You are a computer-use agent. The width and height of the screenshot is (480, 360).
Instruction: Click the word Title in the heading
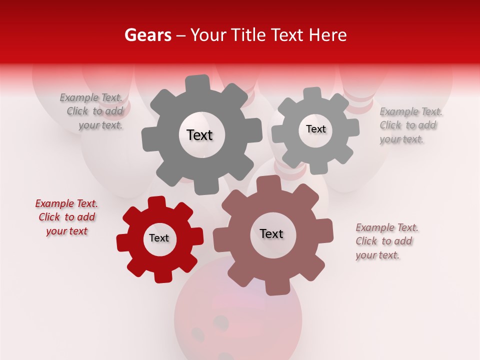click(247, 35)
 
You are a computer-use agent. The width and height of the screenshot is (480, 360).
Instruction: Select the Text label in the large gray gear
click(199, 135)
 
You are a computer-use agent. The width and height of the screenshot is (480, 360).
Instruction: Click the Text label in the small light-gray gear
click(315, 129)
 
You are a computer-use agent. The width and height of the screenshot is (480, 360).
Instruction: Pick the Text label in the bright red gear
click(159, 238)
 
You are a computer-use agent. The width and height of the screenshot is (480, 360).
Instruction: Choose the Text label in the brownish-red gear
click(271, 233)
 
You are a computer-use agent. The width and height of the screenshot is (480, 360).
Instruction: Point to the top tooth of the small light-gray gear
click(312, 93)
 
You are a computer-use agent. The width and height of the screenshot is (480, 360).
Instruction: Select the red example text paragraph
click(66, 217)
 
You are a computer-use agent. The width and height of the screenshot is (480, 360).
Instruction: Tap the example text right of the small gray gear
click(410, 125)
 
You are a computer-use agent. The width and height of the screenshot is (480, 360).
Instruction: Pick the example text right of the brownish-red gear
click(386, 241)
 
